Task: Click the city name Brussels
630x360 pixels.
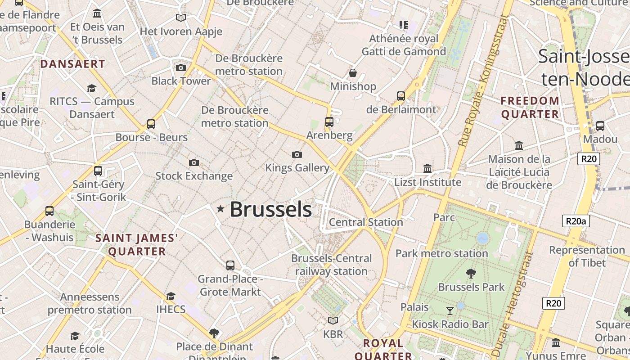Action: tap(271, 210)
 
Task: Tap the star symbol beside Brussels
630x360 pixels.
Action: tap(220, 209)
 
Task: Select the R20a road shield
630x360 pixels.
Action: tap(576, 221)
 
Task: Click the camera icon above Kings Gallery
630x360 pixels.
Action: tap(297, 154)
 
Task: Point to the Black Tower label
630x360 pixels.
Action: tap(181, 81)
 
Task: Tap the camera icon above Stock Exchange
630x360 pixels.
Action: tap(194, 162)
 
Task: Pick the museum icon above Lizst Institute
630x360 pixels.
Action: tap(427, 168)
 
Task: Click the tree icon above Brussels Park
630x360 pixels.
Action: tap(471, 273)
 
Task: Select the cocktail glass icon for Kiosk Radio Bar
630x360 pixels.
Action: tap(450, 310)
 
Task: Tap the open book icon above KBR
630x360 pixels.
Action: tap(333, 320)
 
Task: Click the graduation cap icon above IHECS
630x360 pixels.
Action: tap(171, 296)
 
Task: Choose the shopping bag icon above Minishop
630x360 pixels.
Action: tap(353, 73)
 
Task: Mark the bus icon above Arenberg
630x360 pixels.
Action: tap(329, 122)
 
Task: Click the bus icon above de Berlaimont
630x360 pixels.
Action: tap(401, 96)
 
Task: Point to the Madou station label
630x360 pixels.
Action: tap(600, 139)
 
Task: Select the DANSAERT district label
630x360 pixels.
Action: tap(72, 64)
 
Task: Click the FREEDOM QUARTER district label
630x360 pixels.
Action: tap(530, 108)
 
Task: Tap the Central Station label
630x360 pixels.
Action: tap(366, 222)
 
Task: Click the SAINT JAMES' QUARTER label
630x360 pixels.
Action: tap(137, 245)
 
